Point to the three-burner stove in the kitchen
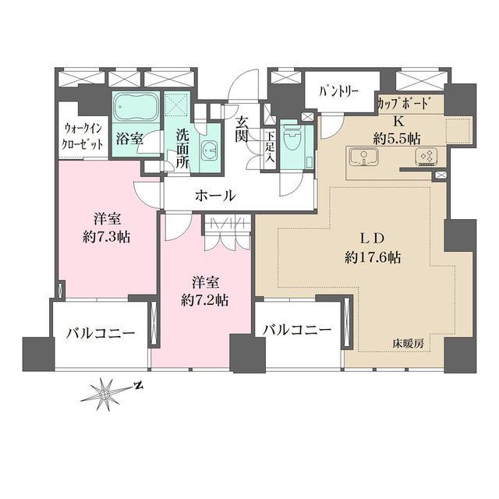[425, 157]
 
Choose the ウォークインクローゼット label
[83, 137]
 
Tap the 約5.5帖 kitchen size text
[398, 137]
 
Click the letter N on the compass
[138, 386]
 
